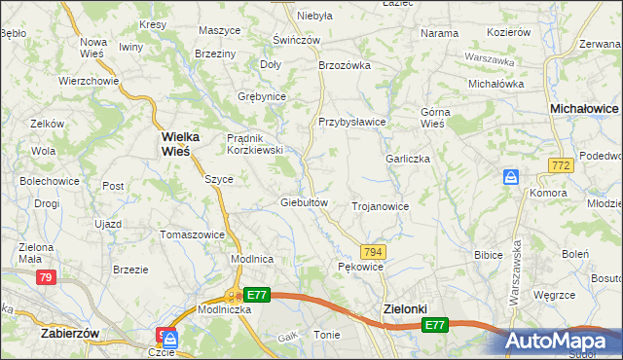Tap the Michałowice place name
point(584,110)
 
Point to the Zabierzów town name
point(71,332)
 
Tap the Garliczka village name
point(408,159)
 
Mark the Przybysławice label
point(352,122)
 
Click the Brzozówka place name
point(346,65)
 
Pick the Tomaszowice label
point(193,234)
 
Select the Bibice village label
point(488,255)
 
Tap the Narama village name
point(439,33)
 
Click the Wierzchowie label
point(89,81)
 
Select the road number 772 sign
point(559,167)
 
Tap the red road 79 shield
point(46,277)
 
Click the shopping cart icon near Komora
point(512,178)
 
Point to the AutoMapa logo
point(564,340)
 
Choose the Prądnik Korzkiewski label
point(254,144)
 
